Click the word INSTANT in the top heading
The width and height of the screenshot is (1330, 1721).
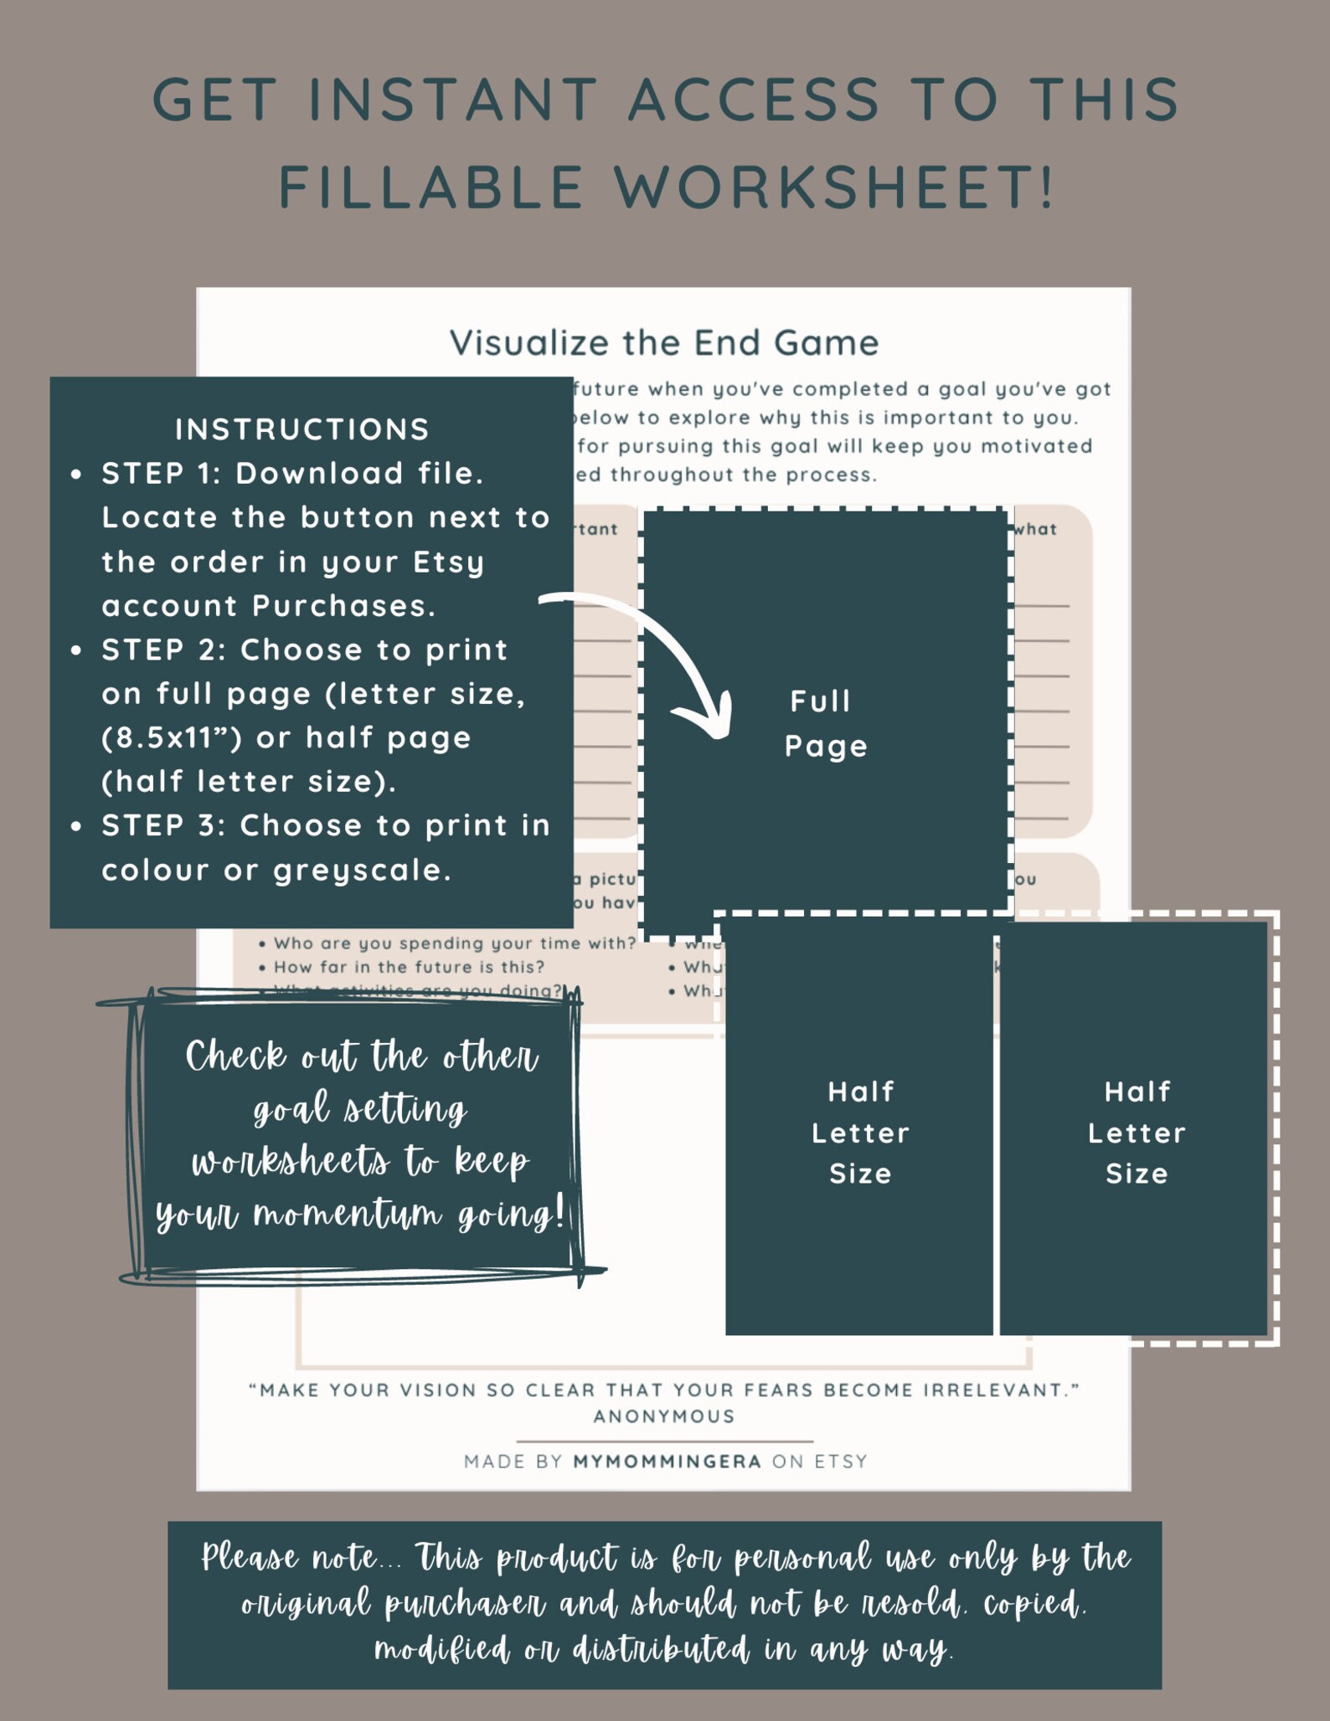coord(452,99)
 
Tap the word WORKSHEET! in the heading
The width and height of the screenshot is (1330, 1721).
coord(835,186)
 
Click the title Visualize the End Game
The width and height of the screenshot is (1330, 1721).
coord(664,342)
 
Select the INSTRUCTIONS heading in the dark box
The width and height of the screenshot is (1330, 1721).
coord(302,429)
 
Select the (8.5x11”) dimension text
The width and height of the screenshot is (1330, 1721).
coord(172,738)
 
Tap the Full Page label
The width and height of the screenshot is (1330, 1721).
coord(825,723)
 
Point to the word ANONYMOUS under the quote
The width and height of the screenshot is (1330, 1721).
coord(664,1416)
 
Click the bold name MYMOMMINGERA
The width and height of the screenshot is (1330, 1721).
coord(668,1462)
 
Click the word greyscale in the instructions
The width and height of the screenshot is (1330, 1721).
coord(362,871)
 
